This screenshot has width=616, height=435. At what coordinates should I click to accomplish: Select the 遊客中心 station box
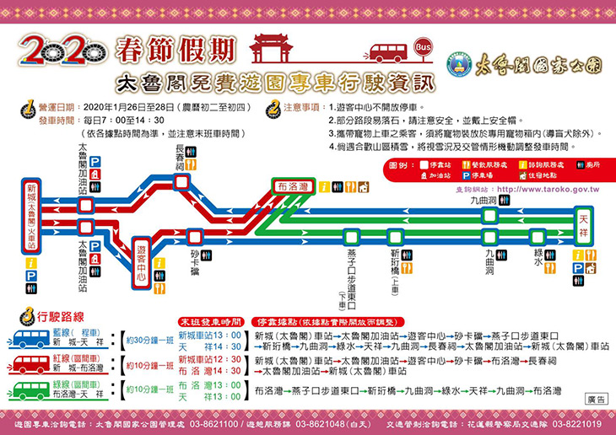coord(141,260)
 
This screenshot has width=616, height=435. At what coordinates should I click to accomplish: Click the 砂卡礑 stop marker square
coord(196,236)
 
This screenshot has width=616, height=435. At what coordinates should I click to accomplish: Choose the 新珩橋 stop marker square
coord(394,236)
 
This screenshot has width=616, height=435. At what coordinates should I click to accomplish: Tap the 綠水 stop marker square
coord(538,236)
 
